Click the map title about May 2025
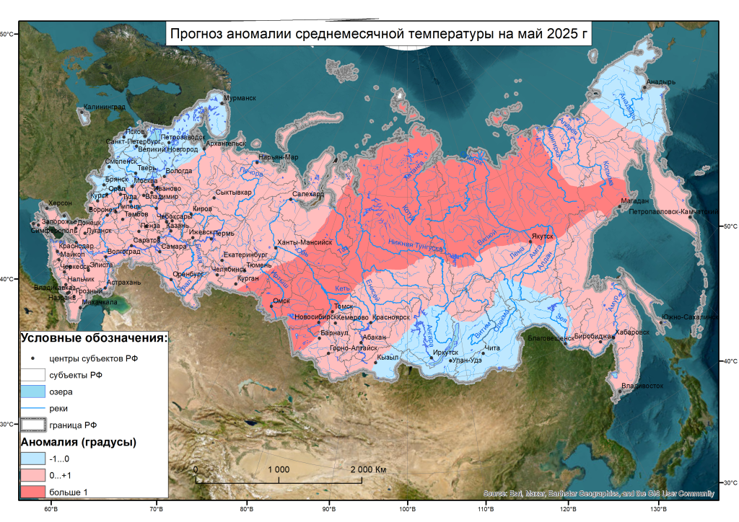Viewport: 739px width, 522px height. pos(378,34)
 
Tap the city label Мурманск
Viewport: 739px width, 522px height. pos(240,98)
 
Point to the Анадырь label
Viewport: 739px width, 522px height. pos(660,81)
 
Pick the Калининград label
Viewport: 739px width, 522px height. pos(104,107)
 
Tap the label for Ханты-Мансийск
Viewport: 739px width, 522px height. pos(305,243)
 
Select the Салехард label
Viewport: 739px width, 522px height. pos(308,194)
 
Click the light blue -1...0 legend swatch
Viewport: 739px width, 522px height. pos(33,458)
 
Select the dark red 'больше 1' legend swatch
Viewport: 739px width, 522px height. pos(33,491)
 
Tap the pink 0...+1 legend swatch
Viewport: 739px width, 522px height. pos(33,474)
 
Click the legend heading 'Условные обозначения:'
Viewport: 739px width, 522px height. pos(94,337)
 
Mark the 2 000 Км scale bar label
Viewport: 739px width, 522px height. pos(369,469)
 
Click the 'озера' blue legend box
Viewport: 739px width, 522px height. pos(33,391)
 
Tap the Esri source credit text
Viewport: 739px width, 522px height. pos(598,494)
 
